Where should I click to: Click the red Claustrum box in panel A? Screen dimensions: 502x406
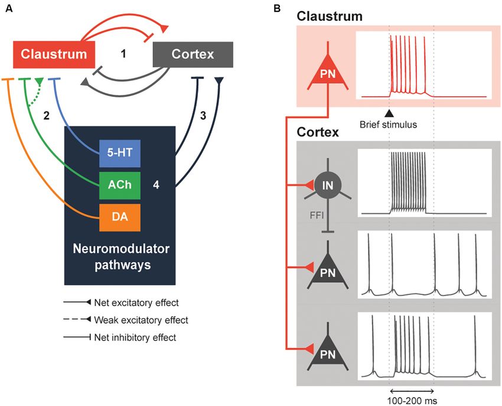(x=54, y=54)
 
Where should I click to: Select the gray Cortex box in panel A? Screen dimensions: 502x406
(x=193, y=54)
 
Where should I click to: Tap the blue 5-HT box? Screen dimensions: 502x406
(x=120, y=153)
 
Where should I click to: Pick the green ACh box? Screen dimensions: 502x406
(x=120, y=185)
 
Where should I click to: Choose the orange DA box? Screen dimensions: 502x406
(x=120, y=217)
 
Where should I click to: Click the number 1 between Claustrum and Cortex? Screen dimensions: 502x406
(x=123, y=54)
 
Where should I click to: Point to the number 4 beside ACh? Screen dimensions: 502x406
(x=156, y=184)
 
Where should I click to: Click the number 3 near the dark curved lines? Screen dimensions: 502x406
(x=203, y=115)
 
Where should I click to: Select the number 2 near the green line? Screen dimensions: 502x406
(x=47, y=115)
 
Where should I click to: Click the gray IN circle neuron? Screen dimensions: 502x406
(x=328, y=185)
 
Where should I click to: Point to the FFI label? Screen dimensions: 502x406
(x=317, y=215)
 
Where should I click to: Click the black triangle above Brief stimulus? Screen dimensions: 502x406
(x=389, y=113)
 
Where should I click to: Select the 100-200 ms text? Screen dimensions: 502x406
(x=412, y=401)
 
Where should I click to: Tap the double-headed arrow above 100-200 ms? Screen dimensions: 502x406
(x=412, y=391)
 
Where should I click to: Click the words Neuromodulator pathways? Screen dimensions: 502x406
(x=121, y=256)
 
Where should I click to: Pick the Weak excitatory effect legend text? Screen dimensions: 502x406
(x=141, y=320)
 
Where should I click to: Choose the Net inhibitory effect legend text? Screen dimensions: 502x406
(x=135, y=337)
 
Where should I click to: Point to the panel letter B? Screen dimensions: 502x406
(x=277, y=9)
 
